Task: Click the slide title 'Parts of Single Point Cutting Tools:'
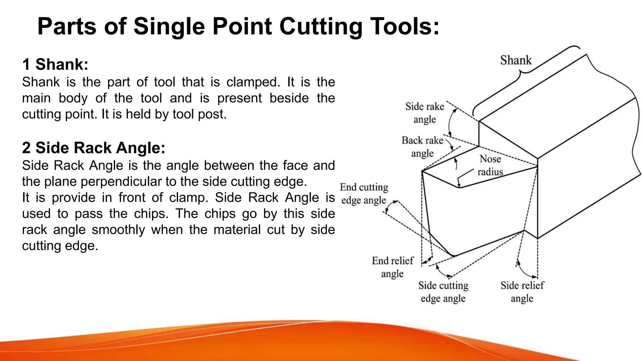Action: [x=238, y=26]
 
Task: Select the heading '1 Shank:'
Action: [x=55, y=65]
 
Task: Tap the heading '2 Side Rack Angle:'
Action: [x=93, y=148]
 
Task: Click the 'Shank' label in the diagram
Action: [x=516, y=60]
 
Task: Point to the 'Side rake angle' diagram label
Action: [x=424, y=113]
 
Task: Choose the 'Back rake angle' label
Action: [x=422, y=147]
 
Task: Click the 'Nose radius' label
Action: [x=490, y=165]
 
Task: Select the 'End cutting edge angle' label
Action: [x=364, y=194]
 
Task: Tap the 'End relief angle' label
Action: [x=392, y=267]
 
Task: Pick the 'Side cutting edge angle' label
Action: [x=443, y=292]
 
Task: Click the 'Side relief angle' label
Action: [x=522, y=292]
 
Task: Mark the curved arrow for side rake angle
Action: [x=450, y=122]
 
